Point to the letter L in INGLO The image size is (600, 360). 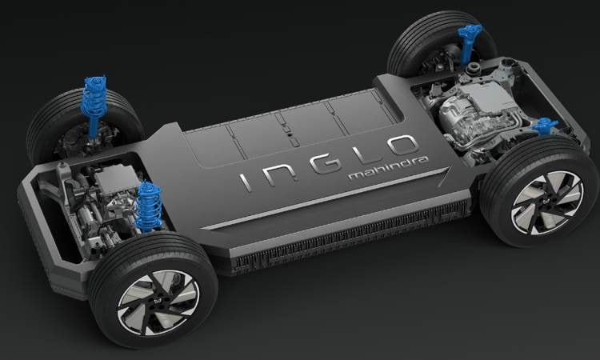coord(366,152)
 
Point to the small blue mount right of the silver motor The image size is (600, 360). coord(545,127)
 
